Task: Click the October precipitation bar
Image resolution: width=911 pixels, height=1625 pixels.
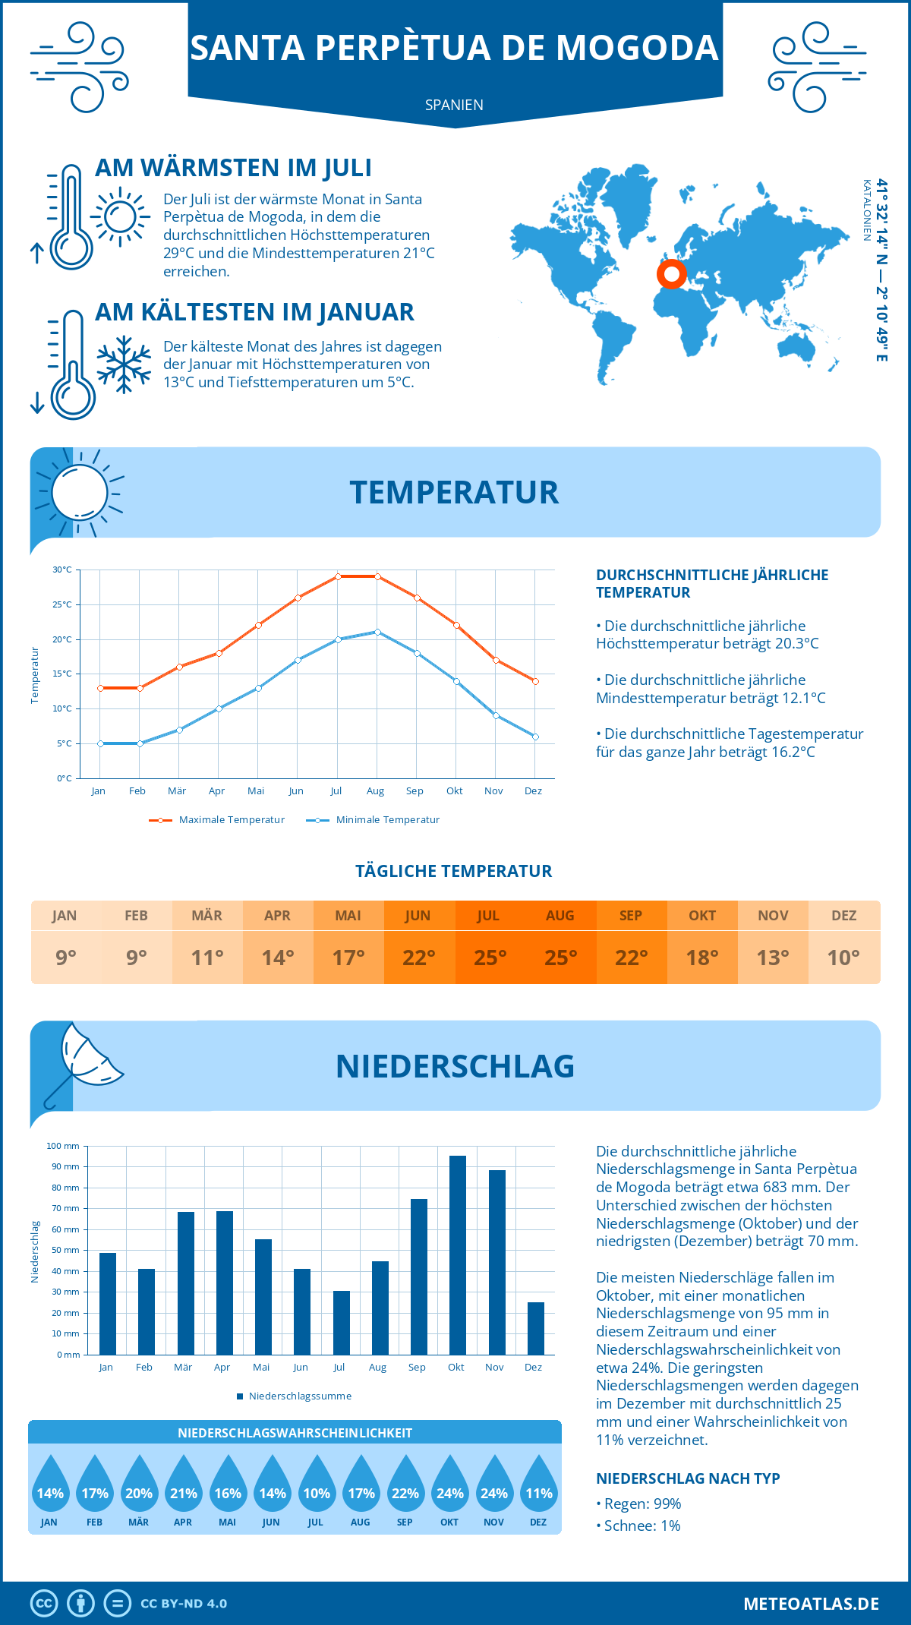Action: [457, 1255]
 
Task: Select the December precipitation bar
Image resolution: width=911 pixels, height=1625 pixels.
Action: [535, 1328]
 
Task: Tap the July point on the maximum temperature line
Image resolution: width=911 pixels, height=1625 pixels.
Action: [338, 576]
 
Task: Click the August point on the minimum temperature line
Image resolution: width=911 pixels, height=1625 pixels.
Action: [377, 632]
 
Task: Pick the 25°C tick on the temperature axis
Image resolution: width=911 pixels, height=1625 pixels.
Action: [62, 604]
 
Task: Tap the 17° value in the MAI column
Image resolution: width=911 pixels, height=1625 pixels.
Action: [348, 958]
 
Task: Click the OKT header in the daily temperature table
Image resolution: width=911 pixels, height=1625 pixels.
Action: [702, 915]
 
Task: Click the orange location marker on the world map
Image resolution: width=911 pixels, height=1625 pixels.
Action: [671, 274]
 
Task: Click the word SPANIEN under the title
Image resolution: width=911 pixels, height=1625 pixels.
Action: [454, 105]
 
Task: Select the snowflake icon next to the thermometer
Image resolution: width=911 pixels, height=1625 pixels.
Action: [124, 364]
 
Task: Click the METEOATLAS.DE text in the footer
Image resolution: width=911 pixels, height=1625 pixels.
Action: [811, 1604]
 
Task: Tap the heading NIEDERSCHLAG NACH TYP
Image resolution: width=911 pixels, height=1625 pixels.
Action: [688, 1478]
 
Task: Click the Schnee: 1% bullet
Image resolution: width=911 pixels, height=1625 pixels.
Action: [638, 1526]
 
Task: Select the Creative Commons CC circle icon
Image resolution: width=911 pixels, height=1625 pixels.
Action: [44, 1604]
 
